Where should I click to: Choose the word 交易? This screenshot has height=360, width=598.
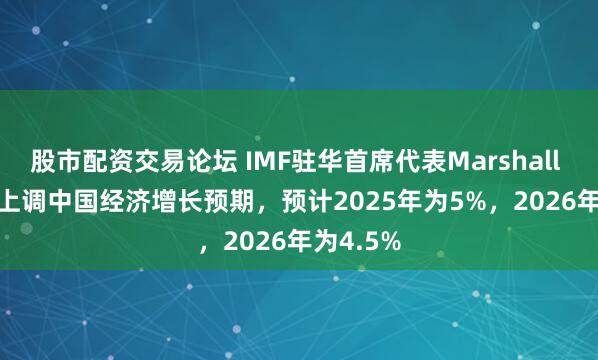[x=160, y=158]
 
